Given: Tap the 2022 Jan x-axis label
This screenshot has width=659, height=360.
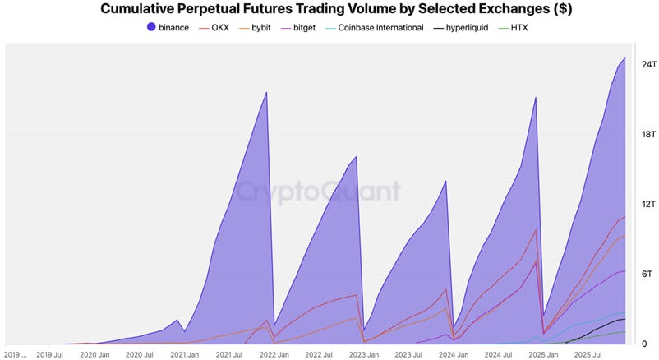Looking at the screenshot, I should pyautogui.click(x=274, y=354).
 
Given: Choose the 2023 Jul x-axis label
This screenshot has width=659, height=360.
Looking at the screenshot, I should pyautogui.click(x=408, y=354).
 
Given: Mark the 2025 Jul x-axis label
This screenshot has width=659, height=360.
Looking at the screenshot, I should pyautogui.click(x=588, y=354).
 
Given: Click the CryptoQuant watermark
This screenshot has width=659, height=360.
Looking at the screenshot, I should pyautogui.click(x=319, y=192).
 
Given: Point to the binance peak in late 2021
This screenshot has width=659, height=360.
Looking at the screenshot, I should pyautogui.click(x=266, y=92).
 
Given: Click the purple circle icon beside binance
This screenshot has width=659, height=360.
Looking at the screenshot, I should pyautogui.click(x=151, y=28).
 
